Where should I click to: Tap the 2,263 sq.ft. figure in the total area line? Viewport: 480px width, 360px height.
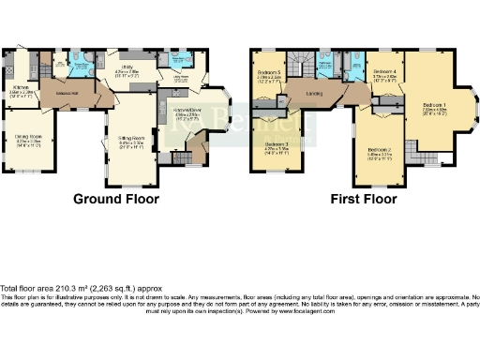tap(118, 288)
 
